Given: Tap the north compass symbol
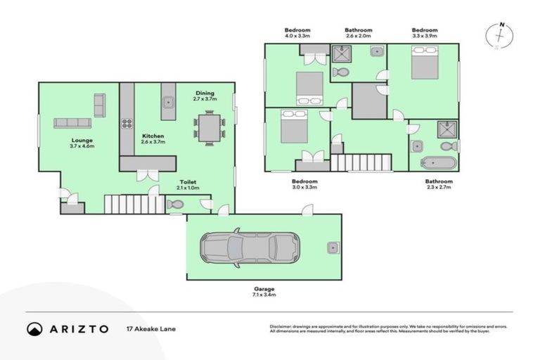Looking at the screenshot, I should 499,35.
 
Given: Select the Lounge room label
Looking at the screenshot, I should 82,141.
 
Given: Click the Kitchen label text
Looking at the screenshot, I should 154,136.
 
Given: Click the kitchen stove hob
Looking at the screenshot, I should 127,124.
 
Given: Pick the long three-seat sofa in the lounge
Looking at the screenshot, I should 72,123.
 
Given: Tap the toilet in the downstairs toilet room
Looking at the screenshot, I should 175,205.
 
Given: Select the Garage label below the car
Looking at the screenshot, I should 264,289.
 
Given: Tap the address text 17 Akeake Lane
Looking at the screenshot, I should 150,328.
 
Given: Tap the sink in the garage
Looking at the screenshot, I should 332,247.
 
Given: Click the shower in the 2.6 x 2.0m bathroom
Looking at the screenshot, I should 342,55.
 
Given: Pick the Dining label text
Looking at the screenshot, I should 205,93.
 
